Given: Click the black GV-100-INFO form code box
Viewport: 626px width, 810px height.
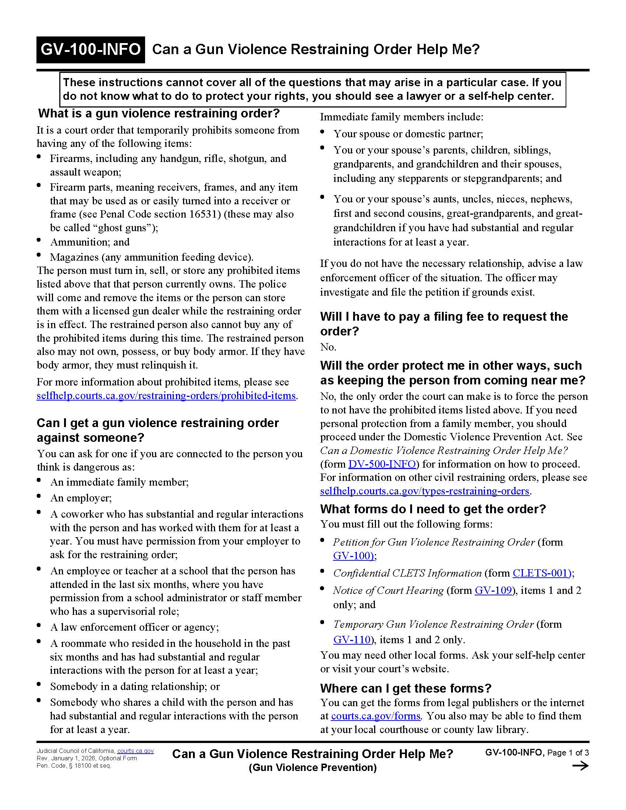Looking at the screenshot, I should point(91,50).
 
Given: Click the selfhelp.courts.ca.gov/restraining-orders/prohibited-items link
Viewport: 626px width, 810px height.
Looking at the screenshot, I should point(166,396).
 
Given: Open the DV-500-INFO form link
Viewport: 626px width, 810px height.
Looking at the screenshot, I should point(382,464).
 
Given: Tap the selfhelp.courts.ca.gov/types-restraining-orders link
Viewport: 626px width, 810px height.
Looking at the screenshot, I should point(425,491).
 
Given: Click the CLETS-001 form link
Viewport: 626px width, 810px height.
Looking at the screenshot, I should point(541,573).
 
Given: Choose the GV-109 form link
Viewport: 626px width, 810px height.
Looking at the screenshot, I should point(493,590).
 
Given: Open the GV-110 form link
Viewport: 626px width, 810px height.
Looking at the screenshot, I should point(352,640).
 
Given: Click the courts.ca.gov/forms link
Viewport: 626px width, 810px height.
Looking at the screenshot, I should point(375,716).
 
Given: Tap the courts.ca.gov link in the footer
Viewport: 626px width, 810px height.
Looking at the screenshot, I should point(136,751).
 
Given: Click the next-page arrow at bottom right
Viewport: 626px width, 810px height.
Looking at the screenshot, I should point(580,766).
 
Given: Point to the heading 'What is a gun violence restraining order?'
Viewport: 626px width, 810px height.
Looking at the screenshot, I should point(159,113).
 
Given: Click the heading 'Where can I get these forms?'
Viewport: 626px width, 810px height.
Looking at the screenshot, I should point(405,688).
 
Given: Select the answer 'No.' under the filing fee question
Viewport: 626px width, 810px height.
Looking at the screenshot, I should point(328,347).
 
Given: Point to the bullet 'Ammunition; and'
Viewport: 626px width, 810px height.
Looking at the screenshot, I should point(90,242).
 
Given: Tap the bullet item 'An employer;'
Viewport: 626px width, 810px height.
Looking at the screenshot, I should point(81,498).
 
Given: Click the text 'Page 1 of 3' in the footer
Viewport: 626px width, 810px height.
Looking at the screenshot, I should point(568,753).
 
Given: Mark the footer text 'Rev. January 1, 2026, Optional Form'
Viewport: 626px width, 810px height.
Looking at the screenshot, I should point(87,758).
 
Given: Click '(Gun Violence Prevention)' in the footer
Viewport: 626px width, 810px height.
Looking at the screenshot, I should point(312,767).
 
